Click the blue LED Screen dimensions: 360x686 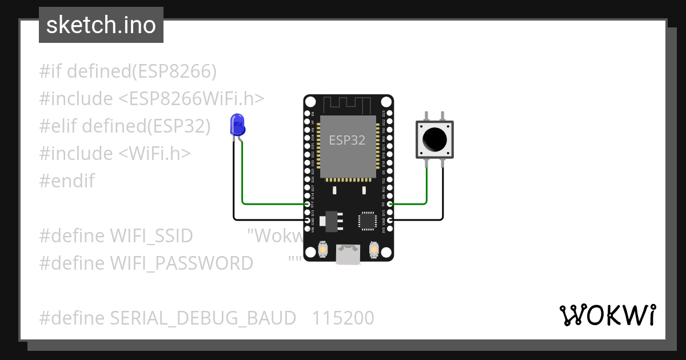click(237, 125)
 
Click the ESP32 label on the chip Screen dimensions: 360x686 click(347, 140)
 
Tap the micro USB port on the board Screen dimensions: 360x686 click(348, 254)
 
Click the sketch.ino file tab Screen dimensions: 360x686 click(101, 25)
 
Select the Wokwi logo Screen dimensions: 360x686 click(607, 315)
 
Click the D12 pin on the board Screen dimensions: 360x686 click(308, 204)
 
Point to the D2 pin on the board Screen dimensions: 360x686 click(390, 204)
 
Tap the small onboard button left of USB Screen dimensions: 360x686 click(322, 250)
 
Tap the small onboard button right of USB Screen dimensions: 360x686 click(374, 250)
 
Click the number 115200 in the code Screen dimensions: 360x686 click(343, 318)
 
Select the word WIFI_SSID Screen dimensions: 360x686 click(151, 235)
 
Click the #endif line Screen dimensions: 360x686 click(67, 181)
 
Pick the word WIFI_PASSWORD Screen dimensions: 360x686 click(181, 263)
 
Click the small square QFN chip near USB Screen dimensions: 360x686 click(367, 221)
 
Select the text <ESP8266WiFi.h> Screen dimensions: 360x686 click(192, 99)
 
